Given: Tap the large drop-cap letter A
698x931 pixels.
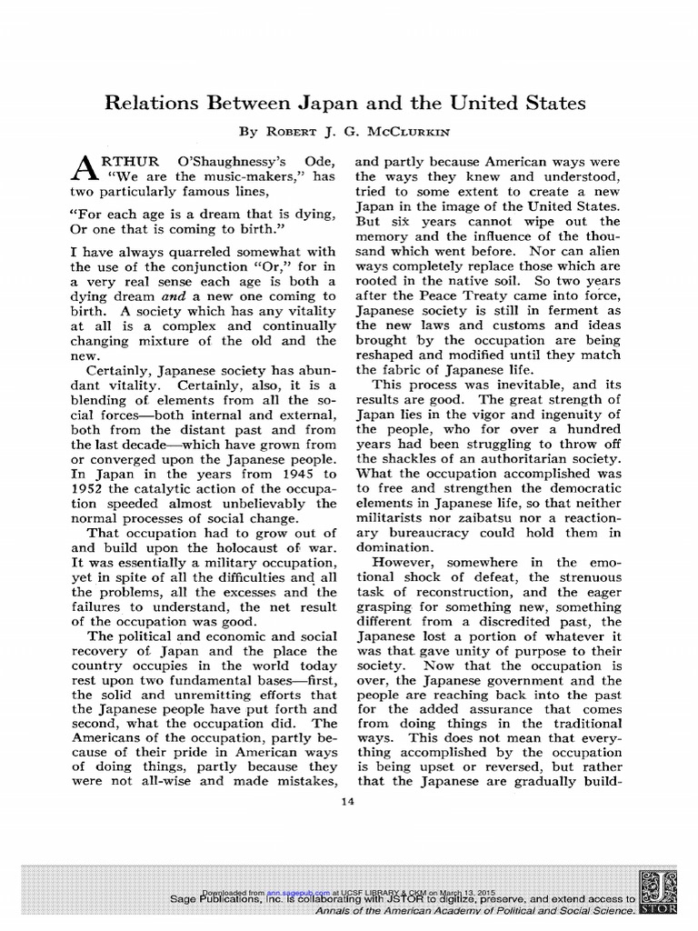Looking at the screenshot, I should pos(83,167).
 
